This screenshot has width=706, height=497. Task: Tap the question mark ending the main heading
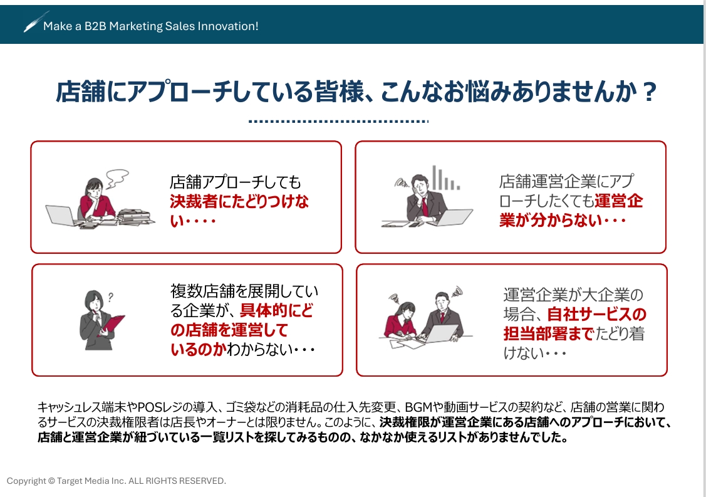650,92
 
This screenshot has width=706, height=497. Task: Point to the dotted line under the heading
338,121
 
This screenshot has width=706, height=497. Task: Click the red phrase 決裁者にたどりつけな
239,202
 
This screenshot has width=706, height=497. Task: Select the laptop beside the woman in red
61,215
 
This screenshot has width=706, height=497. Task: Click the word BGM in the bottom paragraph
417,407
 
